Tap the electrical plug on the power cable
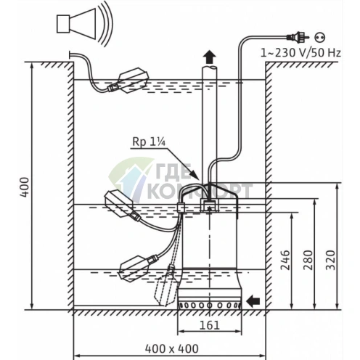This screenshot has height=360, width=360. pyautogui.click(x=298, y=37)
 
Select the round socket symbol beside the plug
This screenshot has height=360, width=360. pyautogui.click(x=320, y=37)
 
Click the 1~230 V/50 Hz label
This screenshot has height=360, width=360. pyautogui.click(x=300, y=53)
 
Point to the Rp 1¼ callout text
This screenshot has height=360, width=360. pyautogui.click(x=149, y=142)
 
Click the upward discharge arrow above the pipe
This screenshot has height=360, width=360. pyautogui.click(x=209, y=57)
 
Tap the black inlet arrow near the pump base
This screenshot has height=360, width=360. pyautogui.click(x=253, y=301)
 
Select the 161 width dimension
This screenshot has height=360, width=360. pyautogui.click(x=210, y=325)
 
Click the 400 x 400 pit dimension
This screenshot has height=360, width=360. pyautogui.click(x=171, y=348)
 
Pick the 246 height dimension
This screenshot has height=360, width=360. pyautogui.click(x=285, y=260)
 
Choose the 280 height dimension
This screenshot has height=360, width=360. pyautogui.click(x=308, y=260)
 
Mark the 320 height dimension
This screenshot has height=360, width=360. pyautogui.click(x=330, y=260)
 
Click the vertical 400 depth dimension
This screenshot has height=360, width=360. pyautogui.click(x=25, y=187)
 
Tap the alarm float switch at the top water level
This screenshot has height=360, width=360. pyautogui.click(x=129, y=81)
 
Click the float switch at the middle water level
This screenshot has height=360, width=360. pyautogui.click(x=122, y=205)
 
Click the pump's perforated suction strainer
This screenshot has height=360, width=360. pyautogui.click(x=210, y=306)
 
